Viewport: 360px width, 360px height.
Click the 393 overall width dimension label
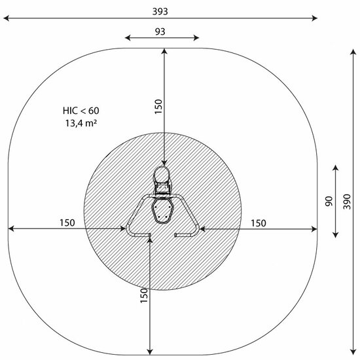pos(160,11)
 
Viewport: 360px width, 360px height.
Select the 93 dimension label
pos(160,31)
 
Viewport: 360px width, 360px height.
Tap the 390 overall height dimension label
pos(347,202)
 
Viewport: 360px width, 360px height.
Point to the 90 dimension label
pos(329,201)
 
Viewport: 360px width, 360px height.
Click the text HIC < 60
pos(81,111)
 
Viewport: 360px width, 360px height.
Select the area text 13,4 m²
pos(81,123)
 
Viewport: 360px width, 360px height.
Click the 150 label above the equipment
pos(158,107)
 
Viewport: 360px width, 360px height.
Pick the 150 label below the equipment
pos(144,295)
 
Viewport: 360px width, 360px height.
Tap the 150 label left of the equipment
pos(67,223)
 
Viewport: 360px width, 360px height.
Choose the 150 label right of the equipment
pos(259,223)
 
